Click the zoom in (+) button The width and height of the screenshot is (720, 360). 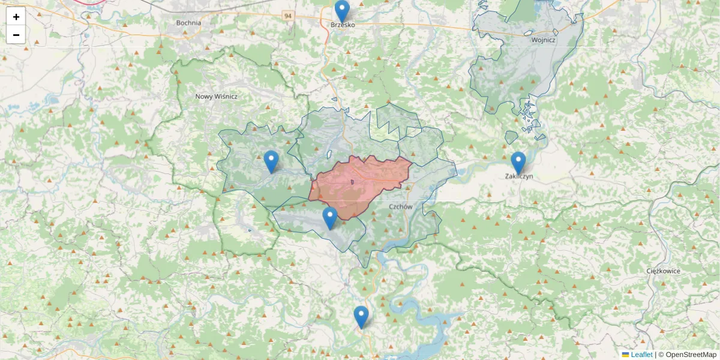16,17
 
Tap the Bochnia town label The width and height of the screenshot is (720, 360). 188,23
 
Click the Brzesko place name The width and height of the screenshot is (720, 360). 343,25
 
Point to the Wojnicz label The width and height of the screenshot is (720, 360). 543,40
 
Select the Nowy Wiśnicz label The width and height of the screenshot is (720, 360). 217,96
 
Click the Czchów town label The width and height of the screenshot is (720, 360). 401,206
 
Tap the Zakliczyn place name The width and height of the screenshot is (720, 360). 519,176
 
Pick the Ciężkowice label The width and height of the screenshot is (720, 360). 664,271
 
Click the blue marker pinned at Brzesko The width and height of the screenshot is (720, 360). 342,11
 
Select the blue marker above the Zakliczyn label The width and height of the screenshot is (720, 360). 518,162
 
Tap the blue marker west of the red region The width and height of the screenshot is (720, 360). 271,161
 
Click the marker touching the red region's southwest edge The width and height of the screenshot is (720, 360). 329,217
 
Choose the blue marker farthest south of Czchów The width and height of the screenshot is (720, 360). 361,316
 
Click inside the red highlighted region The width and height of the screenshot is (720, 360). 360,183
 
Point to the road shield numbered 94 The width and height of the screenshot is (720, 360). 289,15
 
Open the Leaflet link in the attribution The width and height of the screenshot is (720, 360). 641,355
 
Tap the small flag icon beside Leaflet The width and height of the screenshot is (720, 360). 626,355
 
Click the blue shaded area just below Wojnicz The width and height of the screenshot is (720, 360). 516,72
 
